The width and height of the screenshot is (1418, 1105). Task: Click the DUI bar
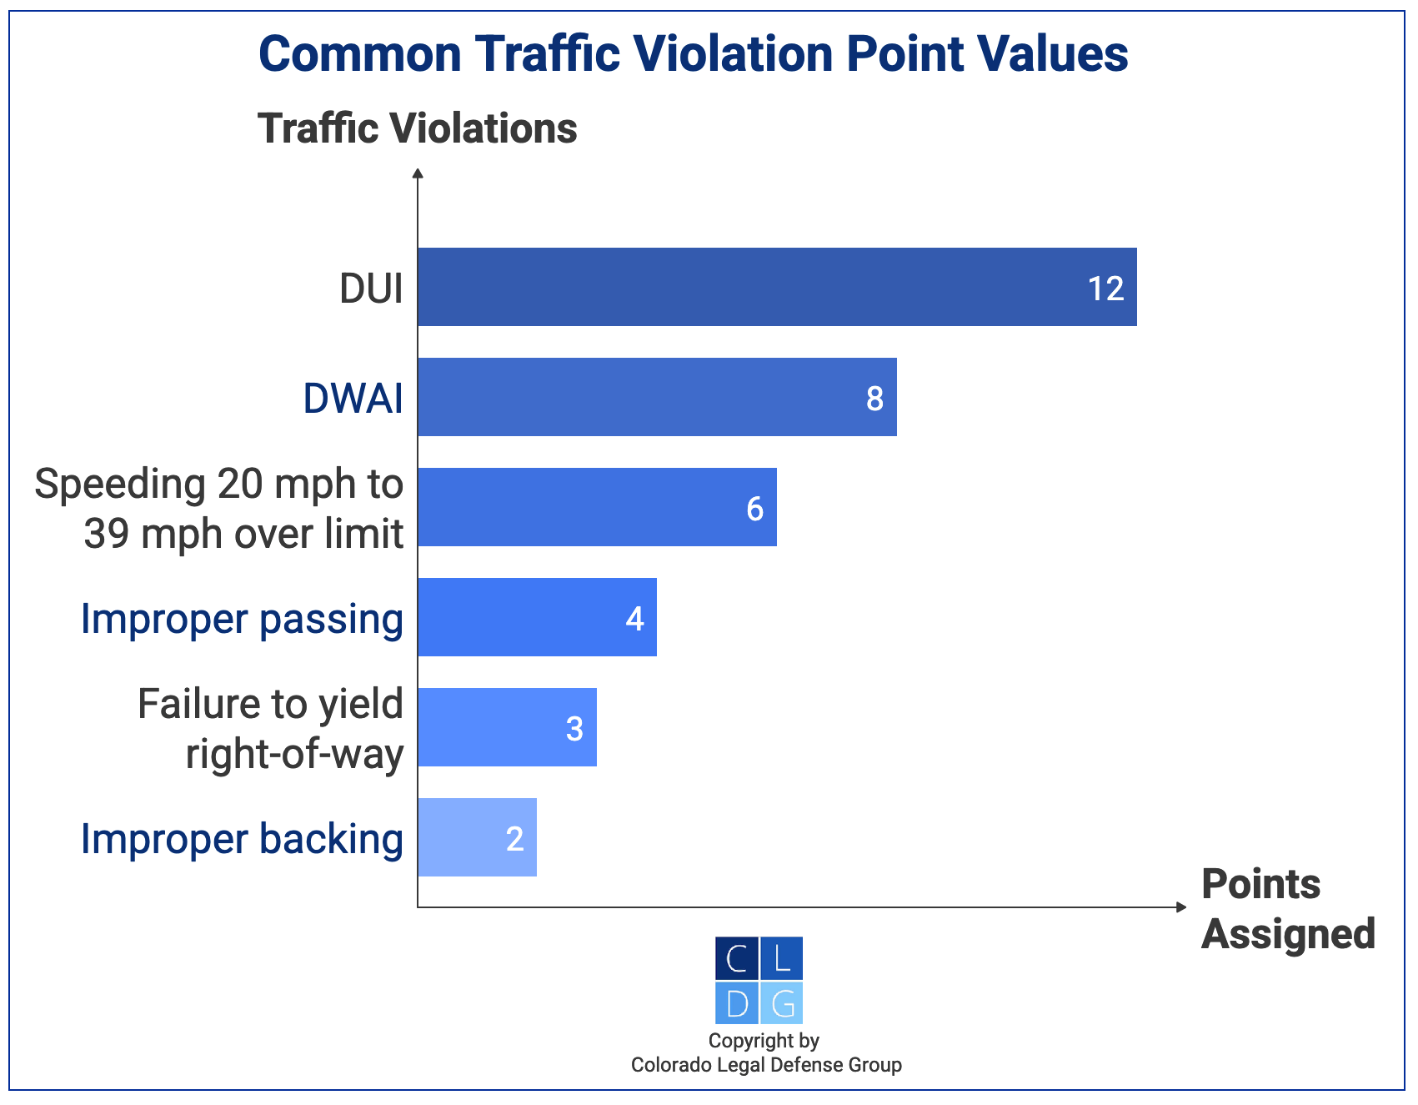click(x=775, y=287)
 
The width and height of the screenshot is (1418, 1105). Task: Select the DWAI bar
click(x=656, y=397)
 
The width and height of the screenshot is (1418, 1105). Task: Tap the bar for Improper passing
click(x=536, y=617)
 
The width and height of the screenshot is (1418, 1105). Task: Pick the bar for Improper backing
click(x=476, y=837)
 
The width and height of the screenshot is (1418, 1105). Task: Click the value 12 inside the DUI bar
click(x=1105, y=289)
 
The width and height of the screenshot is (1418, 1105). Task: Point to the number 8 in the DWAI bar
click(x=874, y=399)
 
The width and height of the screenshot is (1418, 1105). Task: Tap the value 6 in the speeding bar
click(x=754, y=509)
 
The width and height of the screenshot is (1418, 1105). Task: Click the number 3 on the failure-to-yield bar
click(x=574, y=729)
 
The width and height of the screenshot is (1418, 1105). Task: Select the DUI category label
click(x=371, y=289)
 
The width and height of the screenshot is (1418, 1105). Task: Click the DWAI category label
click(x=353, y=399)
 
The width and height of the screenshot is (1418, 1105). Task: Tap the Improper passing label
click(x=242, y=619)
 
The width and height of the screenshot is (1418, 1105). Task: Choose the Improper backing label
click(x=242, y=839)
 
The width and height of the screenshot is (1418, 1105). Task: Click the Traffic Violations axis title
click(x=417, y=128)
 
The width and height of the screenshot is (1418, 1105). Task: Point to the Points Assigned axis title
click(x=1287, y=909)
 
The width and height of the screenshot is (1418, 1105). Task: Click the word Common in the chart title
click(x=359, y=54)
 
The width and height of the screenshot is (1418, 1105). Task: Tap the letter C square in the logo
click(x=737, y=958)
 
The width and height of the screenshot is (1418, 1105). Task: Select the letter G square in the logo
click(x=782, y=1003)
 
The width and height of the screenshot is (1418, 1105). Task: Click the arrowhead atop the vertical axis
click(x=418, y=173)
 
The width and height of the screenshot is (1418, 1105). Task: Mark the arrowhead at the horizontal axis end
click(x=1180, y=907)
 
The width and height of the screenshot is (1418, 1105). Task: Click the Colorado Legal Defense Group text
click(x=766, y=1065)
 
